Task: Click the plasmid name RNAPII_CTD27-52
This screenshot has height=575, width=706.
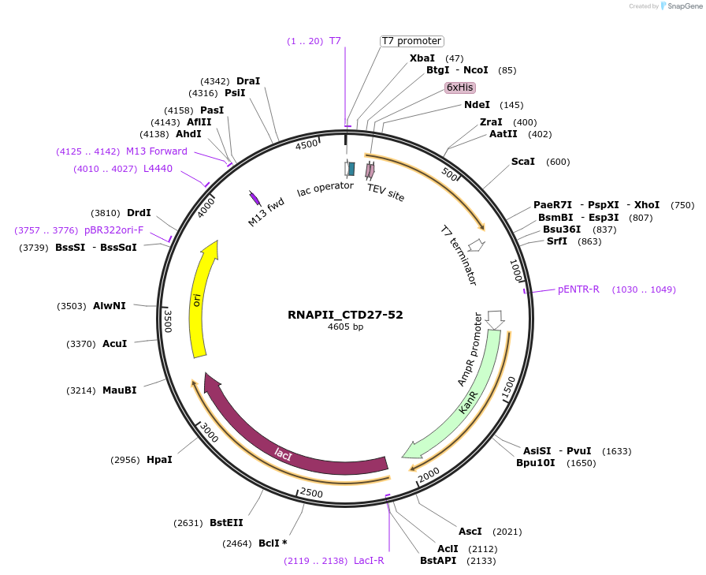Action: [345, 315]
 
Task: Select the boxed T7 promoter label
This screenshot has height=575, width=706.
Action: [411, 41]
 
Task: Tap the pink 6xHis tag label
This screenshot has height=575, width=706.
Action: [459, 88]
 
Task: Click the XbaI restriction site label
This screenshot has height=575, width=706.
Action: [422, 58]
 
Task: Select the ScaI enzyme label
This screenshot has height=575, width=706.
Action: [523, 162]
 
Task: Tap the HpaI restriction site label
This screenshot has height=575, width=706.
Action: [159, 460]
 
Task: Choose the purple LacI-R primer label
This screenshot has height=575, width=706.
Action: [369, 561]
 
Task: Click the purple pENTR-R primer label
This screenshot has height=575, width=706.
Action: [578, 289]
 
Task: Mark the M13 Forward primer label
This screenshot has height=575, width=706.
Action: [157, 151]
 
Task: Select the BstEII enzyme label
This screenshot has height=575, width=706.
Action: [226, 523]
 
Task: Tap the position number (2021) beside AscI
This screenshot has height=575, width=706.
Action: [507, 532]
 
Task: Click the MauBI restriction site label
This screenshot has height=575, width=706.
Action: [119, 390]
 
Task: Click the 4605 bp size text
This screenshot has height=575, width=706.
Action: [345, 327]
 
